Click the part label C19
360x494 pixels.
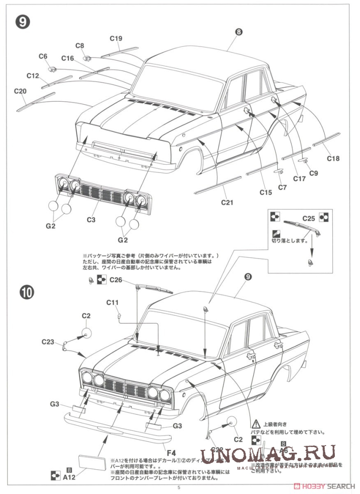coord(116,39)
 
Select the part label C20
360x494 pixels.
coord(20,91)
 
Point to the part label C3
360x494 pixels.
coord(91,219)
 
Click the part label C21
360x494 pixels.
coord(227,202)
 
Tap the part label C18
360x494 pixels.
coord(333,158)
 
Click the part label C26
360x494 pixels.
coord(116,279)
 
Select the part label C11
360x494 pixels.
coord(112,303)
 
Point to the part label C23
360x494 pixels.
coord(47,341)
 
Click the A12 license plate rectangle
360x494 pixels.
coord(91,462)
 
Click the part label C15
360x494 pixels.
coord(265,192)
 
